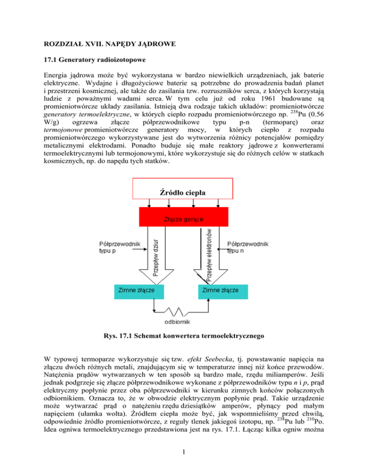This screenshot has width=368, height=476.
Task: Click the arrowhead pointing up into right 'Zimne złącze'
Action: tap(209, 300)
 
